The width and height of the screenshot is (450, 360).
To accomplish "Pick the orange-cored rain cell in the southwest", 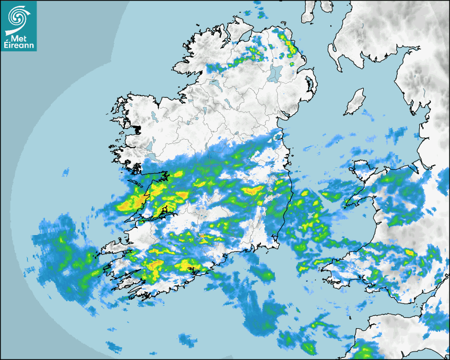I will [x=156, y=264].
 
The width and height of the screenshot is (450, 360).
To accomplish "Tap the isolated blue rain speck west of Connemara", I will [x=66, y=172].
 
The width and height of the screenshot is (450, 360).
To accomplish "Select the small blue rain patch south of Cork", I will [x=187, y=339].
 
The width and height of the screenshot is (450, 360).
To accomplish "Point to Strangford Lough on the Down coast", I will [x=309, y=85].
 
